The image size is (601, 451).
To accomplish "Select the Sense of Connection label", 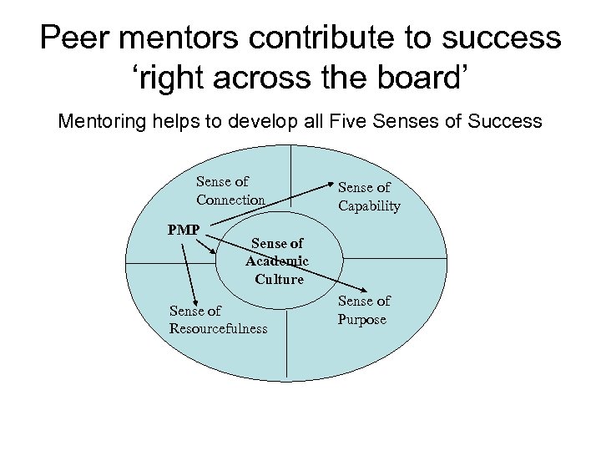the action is coord(230,190).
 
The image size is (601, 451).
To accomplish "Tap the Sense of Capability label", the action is coord(369,196).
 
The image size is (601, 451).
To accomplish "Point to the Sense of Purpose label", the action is coord(364,310).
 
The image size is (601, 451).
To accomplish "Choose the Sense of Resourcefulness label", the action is coord(218,319).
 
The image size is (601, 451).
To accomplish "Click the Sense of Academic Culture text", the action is coord(278,261).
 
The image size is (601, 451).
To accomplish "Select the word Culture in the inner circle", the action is coord(279,279).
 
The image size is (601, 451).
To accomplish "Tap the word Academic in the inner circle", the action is coord(277,261).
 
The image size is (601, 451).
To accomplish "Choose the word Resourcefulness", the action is coord(218,328).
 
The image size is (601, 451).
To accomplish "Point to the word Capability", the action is coord(369,205).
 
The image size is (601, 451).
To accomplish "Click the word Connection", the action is coord(230,200).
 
